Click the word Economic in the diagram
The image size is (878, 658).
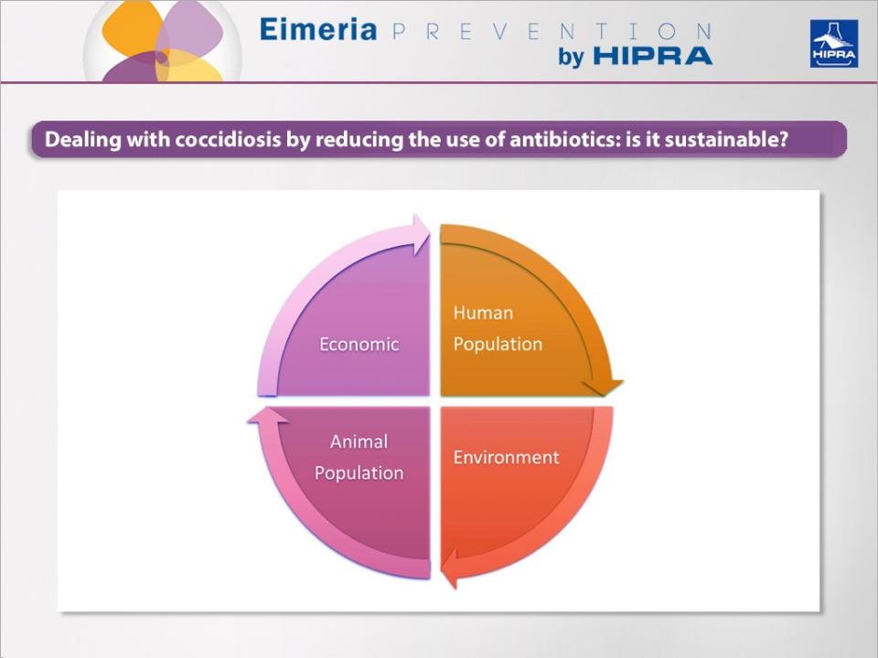click(359, 345)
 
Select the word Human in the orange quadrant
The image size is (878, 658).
click(483, 313)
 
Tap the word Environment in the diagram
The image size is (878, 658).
click(506, 457)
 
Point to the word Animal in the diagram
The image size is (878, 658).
click(359, 441)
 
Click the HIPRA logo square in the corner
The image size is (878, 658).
click(833, 44)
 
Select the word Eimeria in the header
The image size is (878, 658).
click(317, 29)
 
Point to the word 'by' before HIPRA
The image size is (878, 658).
click(571, 57)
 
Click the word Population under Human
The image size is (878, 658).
click(498, 345)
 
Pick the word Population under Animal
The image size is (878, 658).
click(359, 473)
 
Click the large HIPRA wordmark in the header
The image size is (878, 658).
click(652, 57)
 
